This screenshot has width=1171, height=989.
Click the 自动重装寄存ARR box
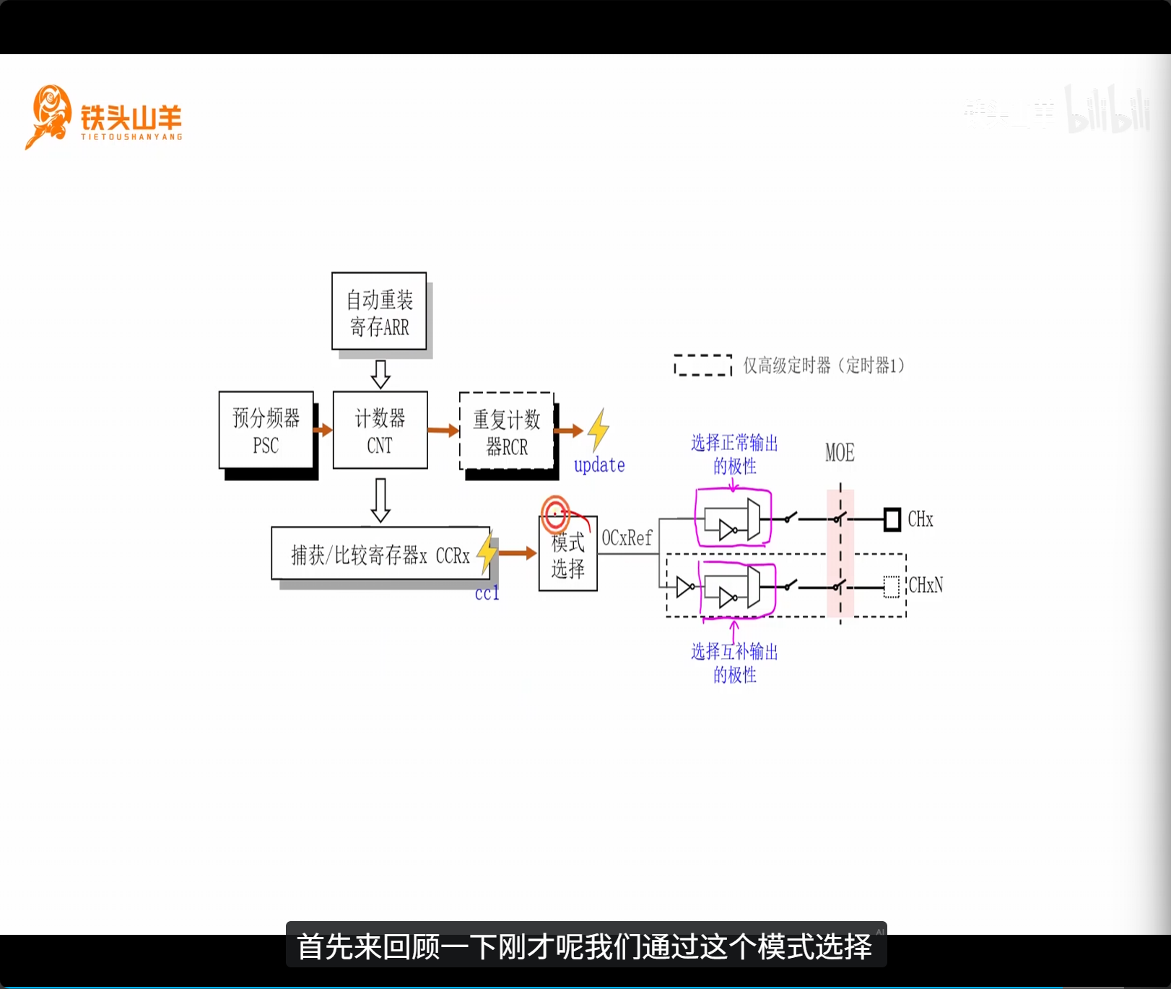(x=379, y=311)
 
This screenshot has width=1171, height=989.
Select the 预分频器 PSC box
(x=266, y=431)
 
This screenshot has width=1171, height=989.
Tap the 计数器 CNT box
(x=380, y=431)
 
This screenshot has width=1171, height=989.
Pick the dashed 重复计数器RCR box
(x=506, y=431)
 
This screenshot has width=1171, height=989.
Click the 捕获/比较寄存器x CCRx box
(x=380, y=554)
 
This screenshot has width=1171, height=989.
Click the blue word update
(x=599, y=465)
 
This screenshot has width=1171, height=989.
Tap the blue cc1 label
(x=487, y=593)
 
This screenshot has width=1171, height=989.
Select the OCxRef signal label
(x=627, y=538)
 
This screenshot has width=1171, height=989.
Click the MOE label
(x=840, y=453)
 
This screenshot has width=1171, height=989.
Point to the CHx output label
(x=920, y=519)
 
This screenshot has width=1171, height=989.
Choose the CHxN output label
(x=926, y=585)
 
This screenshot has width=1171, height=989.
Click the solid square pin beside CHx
(x=892, y=519)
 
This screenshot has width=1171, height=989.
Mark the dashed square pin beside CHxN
(x=892, y=587)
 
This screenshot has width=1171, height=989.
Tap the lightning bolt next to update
(x=598, y=431)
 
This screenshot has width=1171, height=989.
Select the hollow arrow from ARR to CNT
(x=380, y=373)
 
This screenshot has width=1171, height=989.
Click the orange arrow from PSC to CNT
(x=323, y=430)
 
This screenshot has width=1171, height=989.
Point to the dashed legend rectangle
(x=702, y=365)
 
